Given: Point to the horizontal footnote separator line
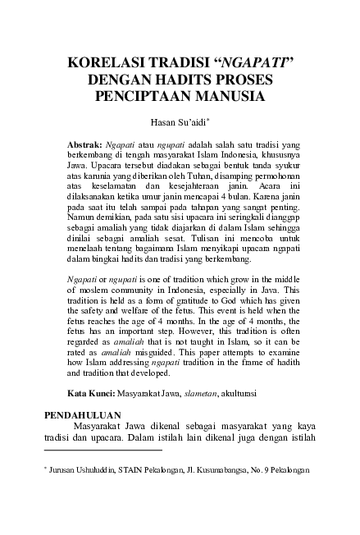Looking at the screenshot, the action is (103, 450).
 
